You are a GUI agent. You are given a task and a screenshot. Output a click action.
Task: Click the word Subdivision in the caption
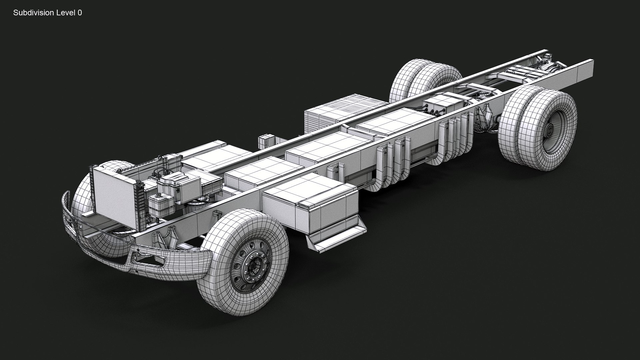point(32,13)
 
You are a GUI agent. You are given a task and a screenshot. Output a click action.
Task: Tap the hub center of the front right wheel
point(252,266)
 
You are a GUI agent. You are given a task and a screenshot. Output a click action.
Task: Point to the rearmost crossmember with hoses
point(527,72)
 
